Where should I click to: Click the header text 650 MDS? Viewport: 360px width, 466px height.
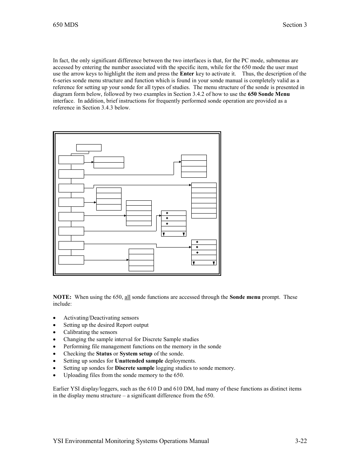[x=66, y=25]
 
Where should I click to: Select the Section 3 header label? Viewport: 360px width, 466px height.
[x=294, y=25]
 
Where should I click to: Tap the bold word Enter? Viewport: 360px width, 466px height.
[x=187, y=74]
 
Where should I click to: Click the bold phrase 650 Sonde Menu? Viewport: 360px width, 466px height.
[x=269, y=94]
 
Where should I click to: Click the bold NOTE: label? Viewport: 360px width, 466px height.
[x=62, y=297]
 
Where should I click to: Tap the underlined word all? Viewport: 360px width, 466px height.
[x=128, y=297]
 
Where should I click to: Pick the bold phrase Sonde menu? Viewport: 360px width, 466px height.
[x=245, y=297]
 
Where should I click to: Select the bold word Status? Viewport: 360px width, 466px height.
[x=104, y=354]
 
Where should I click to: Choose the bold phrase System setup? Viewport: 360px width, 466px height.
[x=136, y=354]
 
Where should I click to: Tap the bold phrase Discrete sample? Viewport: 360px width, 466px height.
[x=134, y=368]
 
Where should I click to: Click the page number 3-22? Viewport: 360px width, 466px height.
[x=301, y=441]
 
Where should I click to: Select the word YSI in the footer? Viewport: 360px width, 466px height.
[x=58, y=441]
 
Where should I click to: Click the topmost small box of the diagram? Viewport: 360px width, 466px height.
[x=89, y=148]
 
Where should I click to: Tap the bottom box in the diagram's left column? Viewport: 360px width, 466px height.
[x=71, y=260]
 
